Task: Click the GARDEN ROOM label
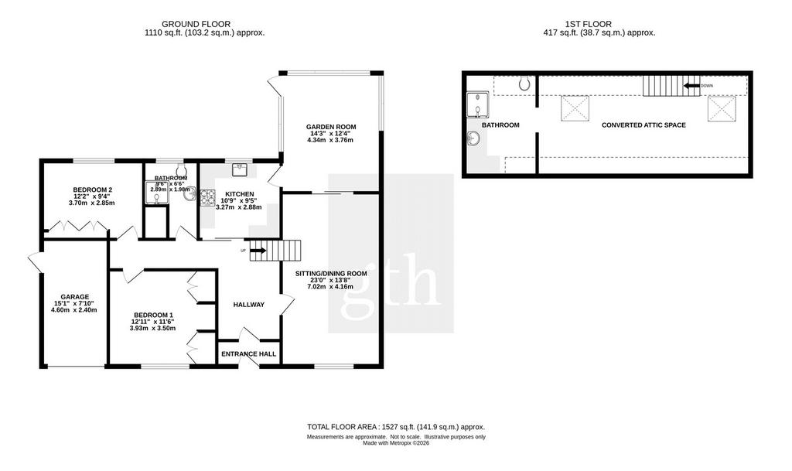[x=331, y=127]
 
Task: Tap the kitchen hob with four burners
[x=208, y=197]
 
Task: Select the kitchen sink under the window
[x=240, y=169]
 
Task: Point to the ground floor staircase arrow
[x=258, y=250]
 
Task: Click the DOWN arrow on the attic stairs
[x=691, y=86]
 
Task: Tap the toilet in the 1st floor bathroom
[x=525, y=83]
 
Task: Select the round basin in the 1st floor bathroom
[x=473, y=137]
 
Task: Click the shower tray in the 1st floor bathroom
[x=477, y=104]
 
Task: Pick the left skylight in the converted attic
[x=575, y=108]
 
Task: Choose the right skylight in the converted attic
[x=722, y=108]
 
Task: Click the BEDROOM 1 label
[x=152, y=315]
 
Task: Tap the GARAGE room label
[x=75, y=297]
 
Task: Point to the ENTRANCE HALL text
[x=248, y=354]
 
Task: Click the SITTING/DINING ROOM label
[x=331, y=274]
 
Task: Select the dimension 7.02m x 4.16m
[x=331, y=287]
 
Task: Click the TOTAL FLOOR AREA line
[x=396, y=427]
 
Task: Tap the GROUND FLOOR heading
[x=196, y=24]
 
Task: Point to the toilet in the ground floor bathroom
[x=181, y=168]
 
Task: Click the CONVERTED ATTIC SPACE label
[x=643, y=125]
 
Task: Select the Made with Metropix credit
[x=396, y=443]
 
